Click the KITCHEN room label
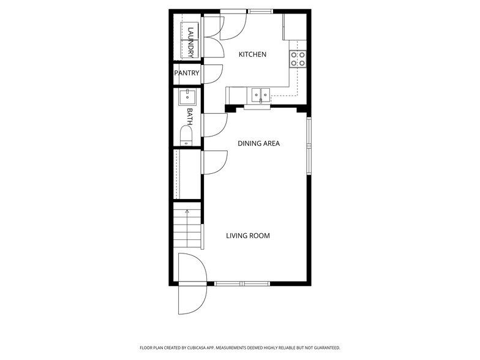click(x=252, y=54)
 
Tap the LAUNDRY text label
click(x=191, y=42)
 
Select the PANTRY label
click(x=187, y=73)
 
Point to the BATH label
click(x=190, y=116)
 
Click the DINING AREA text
click(x=258, y=143)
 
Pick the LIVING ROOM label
click(x=247, y=236)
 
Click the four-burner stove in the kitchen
click(x=298, y=59)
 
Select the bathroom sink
click(x=187, y=97)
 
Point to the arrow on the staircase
click(x=187, y=213)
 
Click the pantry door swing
click(x=212, y=73)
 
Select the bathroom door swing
click(x=214, y=126)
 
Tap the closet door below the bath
click(x=214, y=162)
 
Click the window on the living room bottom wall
click(x=242, y=283)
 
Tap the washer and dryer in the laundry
click(x=190, y=40)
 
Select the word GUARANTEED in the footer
click(x=324, y=348)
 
